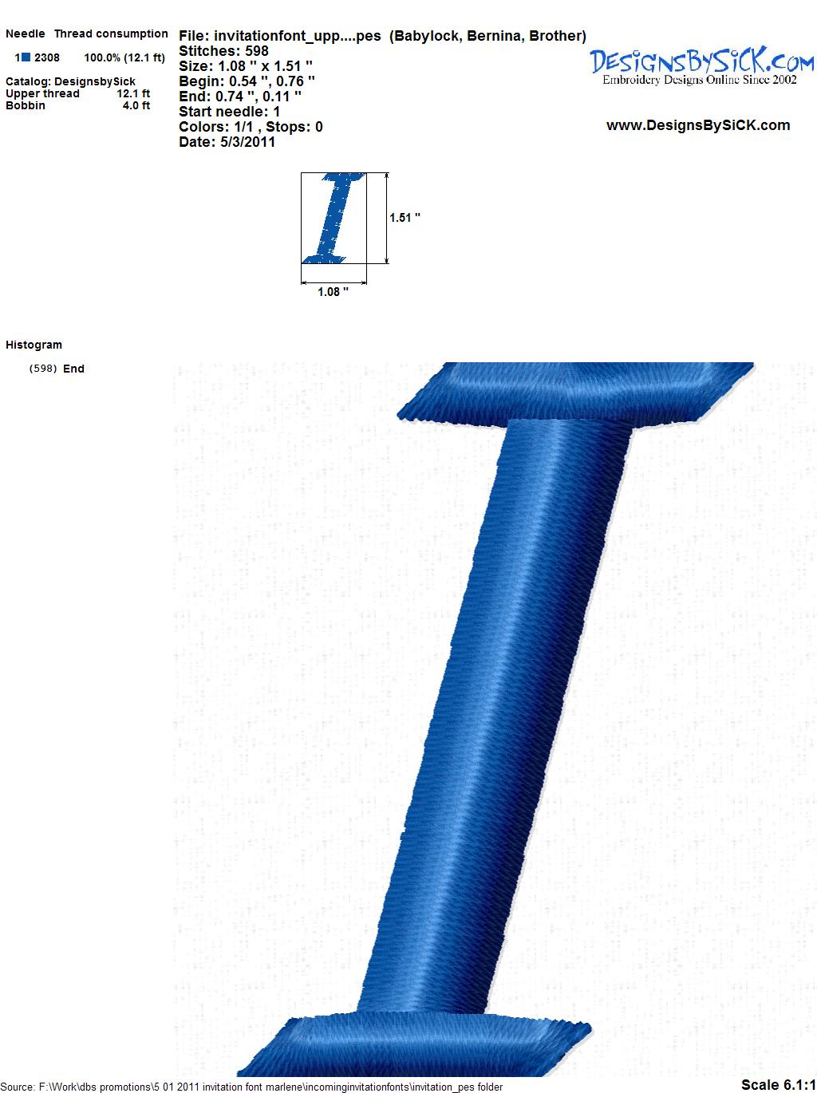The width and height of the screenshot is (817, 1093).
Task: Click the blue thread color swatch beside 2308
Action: pyautogui.click(x=26, y=57)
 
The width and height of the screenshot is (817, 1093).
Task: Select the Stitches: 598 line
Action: pyautogui.click(x=223, y=51)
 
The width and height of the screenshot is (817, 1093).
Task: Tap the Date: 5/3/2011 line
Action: pyautogui.click(x=227, y=142)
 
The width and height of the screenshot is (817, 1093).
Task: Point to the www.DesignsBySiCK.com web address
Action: pyautogui.click(x=698, y=125)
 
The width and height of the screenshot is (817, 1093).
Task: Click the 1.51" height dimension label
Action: pyautogui.click(x=405, y=218)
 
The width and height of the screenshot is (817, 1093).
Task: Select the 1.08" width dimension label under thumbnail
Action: pyautogui.click(x=333, y=292)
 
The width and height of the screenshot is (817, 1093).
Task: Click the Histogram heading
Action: pyautogui.click(x=34, y=345)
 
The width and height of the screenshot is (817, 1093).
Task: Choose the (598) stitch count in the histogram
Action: pyautogui.click(x=43, y=369)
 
